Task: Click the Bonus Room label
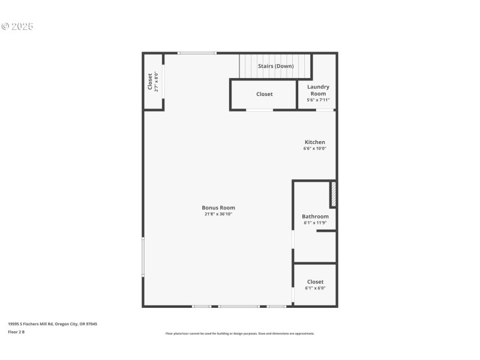pos(218,208)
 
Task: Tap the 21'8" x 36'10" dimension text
pos(218,214)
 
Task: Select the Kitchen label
pos(314,142)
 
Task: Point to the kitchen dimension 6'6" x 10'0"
pos(314,148)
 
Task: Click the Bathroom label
pos(315,217)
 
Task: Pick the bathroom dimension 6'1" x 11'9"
pos(315,223)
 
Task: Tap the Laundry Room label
pos(318,90)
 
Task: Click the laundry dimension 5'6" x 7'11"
pos(318,100)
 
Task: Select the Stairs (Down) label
pos(275,66)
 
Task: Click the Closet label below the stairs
pos(264,94)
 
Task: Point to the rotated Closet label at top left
pos(150,82)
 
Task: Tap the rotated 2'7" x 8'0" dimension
pos(156,82)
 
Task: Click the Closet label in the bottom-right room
pos(315,281)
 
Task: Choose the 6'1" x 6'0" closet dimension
pos(315,288)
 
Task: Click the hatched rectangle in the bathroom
pos(334,194)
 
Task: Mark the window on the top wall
pos(197,53)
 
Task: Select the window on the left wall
pos(143,257)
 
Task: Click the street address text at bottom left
pos(52,324)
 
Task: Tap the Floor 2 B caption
pos(16,331)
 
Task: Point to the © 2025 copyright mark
pos(17,26)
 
